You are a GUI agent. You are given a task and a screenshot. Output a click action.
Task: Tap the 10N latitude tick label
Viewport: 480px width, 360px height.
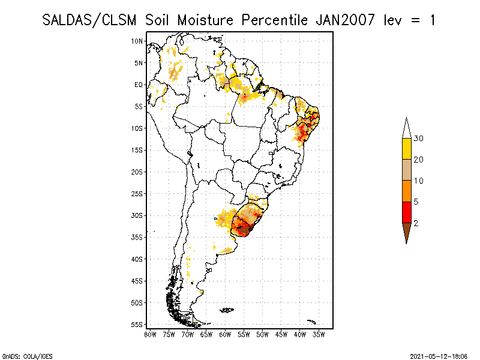pyautogui.click(x=137, y=41)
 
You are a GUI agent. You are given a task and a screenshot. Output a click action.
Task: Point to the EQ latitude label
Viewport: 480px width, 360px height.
pyautogui.click(x=139, y=85)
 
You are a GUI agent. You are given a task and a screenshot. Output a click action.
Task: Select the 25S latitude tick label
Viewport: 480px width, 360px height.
pyautogui.click(x=137, y=193)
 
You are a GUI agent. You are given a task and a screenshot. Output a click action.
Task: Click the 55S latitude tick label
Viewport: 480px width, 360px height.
pyautogui.click(x=137, y=324)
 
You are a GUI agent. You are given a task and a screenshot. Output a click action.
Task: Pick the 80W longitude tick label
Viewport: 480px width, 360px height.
pyautogui.click(x=150, y=334)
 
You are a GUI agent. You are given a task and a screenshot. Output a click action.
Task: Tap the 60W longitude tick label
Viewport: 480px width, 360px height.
pyautogui.click(x=225, y=334)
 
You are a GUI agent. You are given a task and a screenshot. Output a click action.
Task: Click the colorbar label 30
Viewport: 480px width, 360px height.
pyautogui.click(x=419, y=139)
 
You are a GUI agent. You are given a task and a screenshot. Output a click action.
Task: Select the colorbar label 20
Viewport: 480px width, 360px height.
pyautogui.click(x=419, y=160)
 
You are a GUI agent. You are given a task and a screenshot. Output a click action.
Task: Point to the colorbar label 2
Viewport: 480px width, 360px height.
pyautogui.click(x=416, y=223)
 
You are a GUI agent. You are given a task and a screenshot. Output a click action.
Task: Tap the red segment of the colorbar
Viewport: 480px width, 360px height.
pyautogui.click(x=406, y=212)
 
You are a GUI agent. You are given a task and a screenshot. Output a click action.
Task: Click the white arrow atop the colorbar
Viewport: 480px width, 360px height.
pyautogui.click(x=406, y=128)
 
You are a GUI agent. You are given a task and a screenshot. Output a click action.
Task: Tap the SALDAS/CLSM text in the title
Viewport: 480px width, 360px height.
pyautogui.click(x=91, y=20)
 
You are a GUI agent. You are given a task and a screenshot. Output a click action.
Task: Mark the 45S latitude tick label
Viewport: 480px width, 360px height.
pyautogui.click(x=137, y=280)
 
